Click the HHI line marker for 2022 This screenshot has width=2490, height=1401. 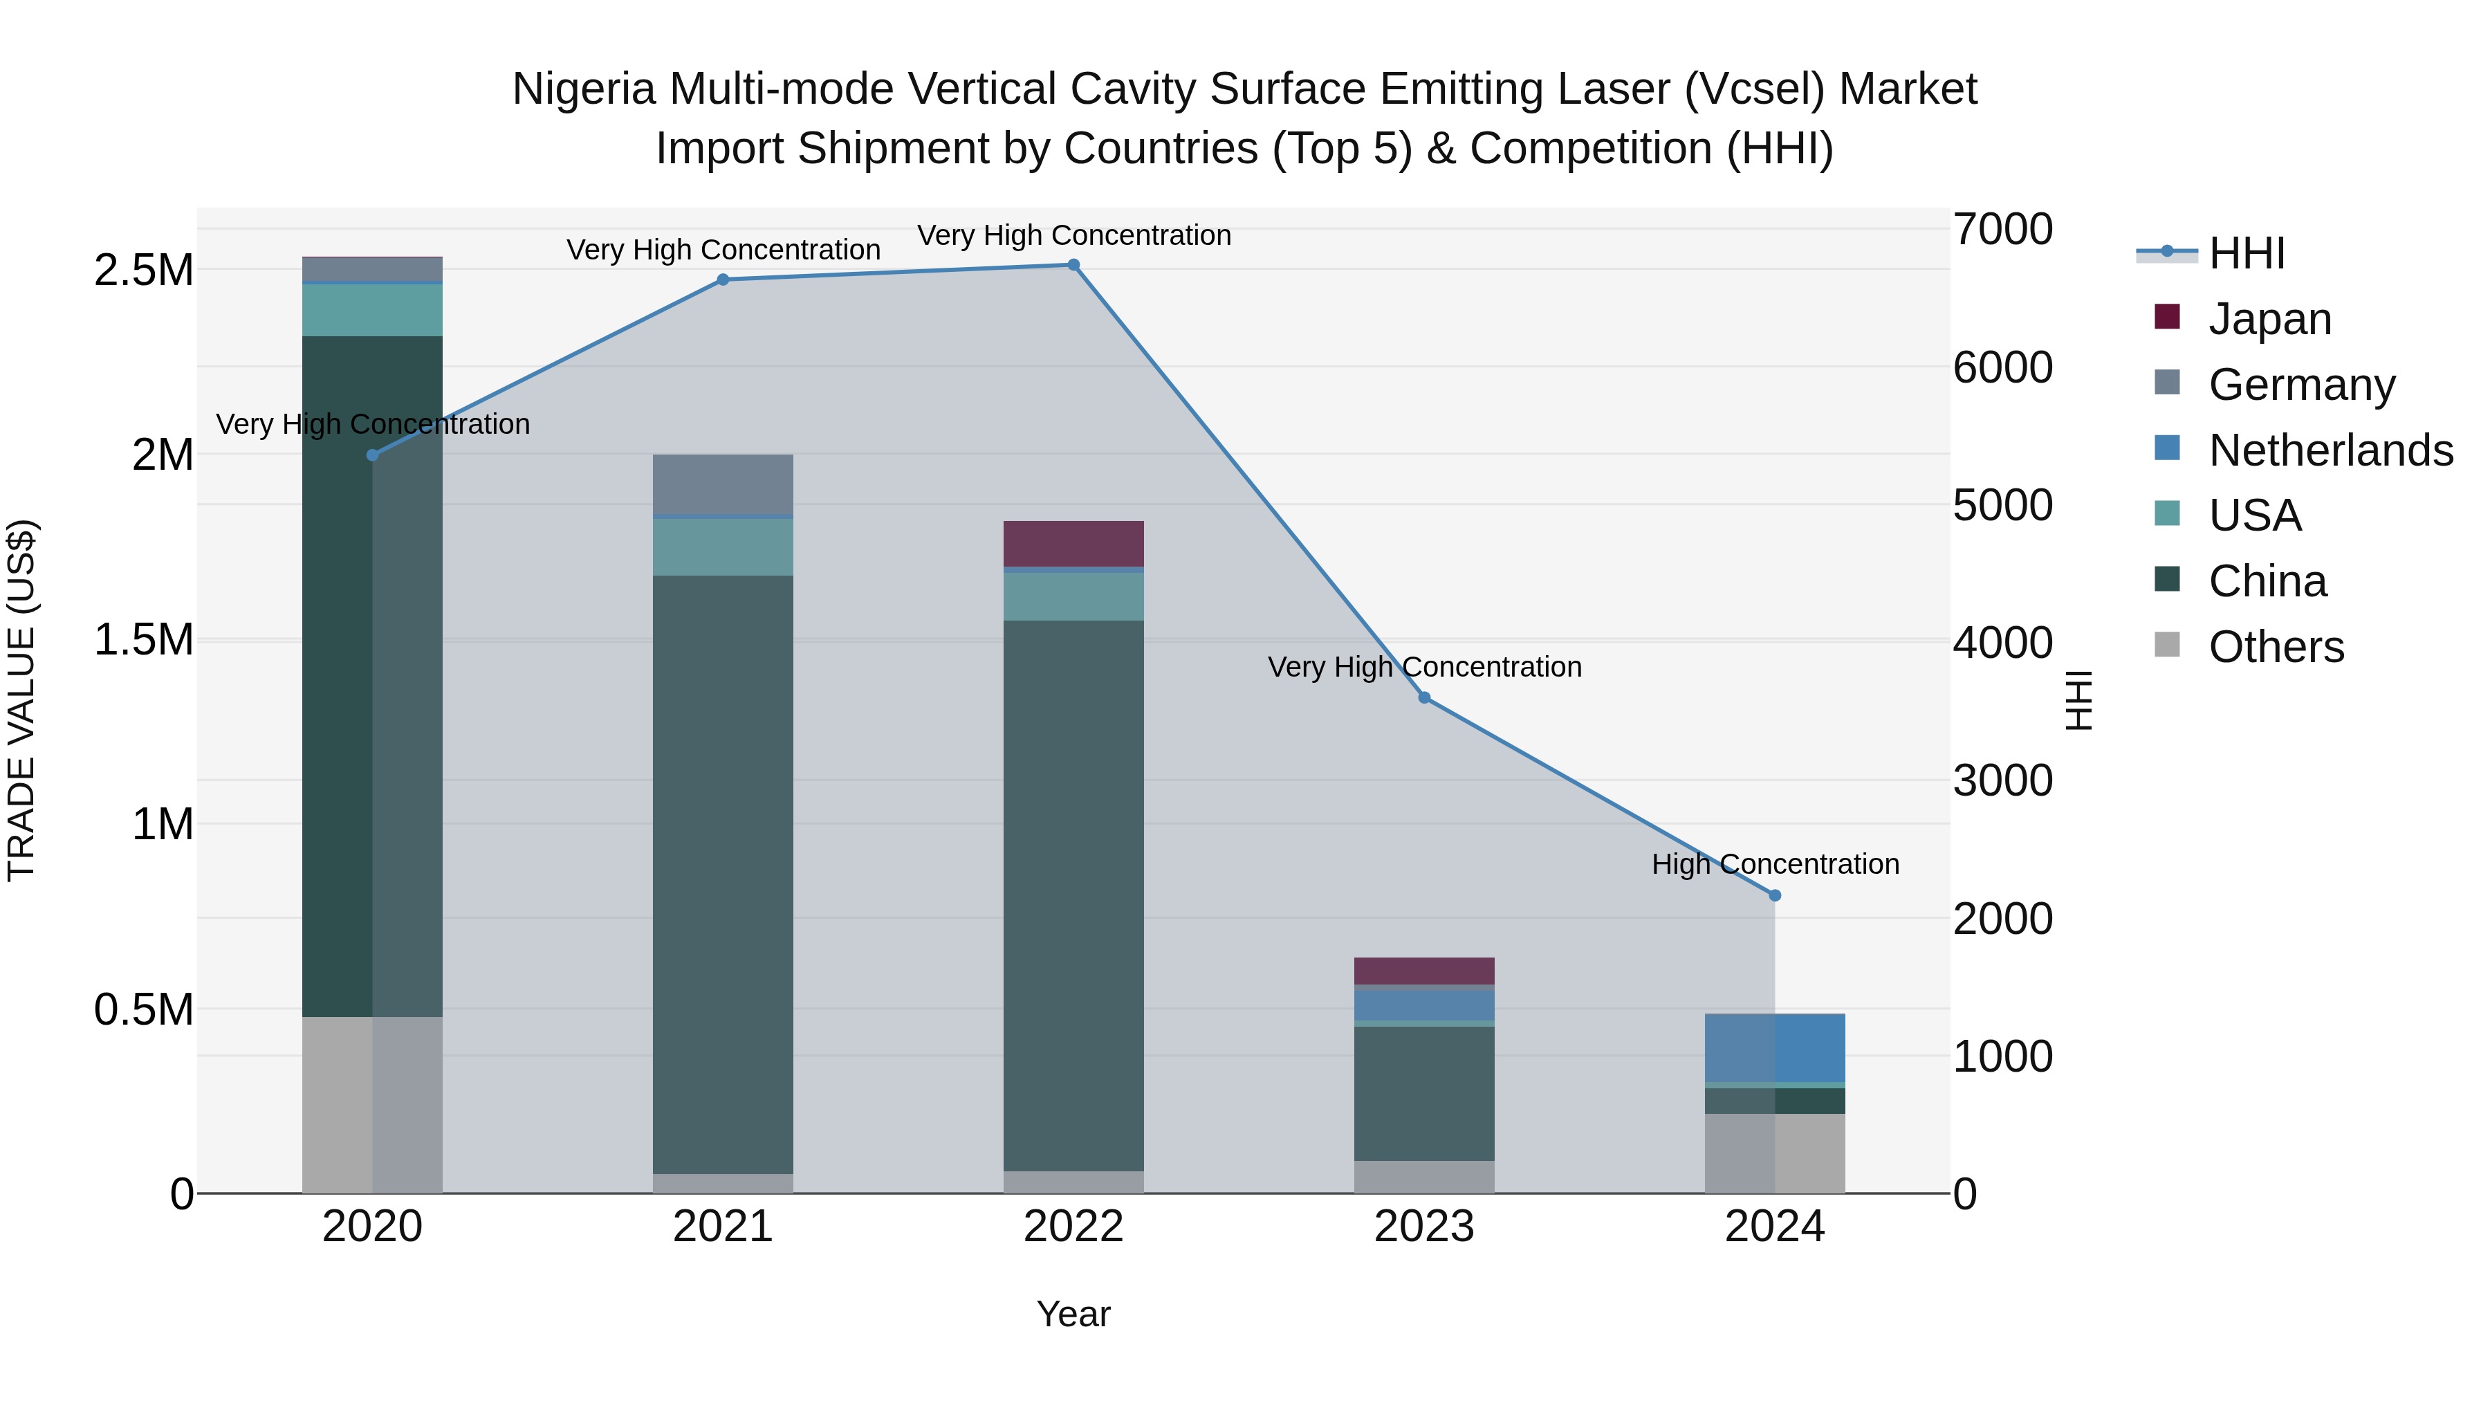1073,265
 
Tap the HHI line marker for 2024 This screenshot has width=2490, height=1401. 1775,895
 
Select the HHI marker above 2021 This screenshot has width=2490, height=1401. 723,280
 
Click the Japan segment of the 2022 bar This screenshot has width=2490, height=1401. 1073,543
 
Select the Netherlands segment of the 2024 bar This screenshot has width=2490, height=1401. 1775,1047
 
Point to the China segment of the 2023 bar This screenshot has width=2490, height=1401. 1424,1092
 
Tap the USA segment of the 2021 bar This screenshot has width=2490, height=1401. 723,547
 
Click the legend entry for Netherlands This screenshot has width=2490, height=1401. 2330,450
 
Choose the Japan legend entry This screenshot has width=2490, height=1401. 2269,319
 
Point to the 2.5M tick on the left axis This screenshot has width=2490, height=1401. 144,271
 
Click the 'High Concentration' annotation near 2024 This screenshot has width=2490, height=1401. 1775,864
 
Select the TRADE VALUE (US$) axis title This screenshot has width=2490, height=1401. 21,700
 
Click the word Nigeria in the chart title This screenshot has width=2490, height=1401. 584,90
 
